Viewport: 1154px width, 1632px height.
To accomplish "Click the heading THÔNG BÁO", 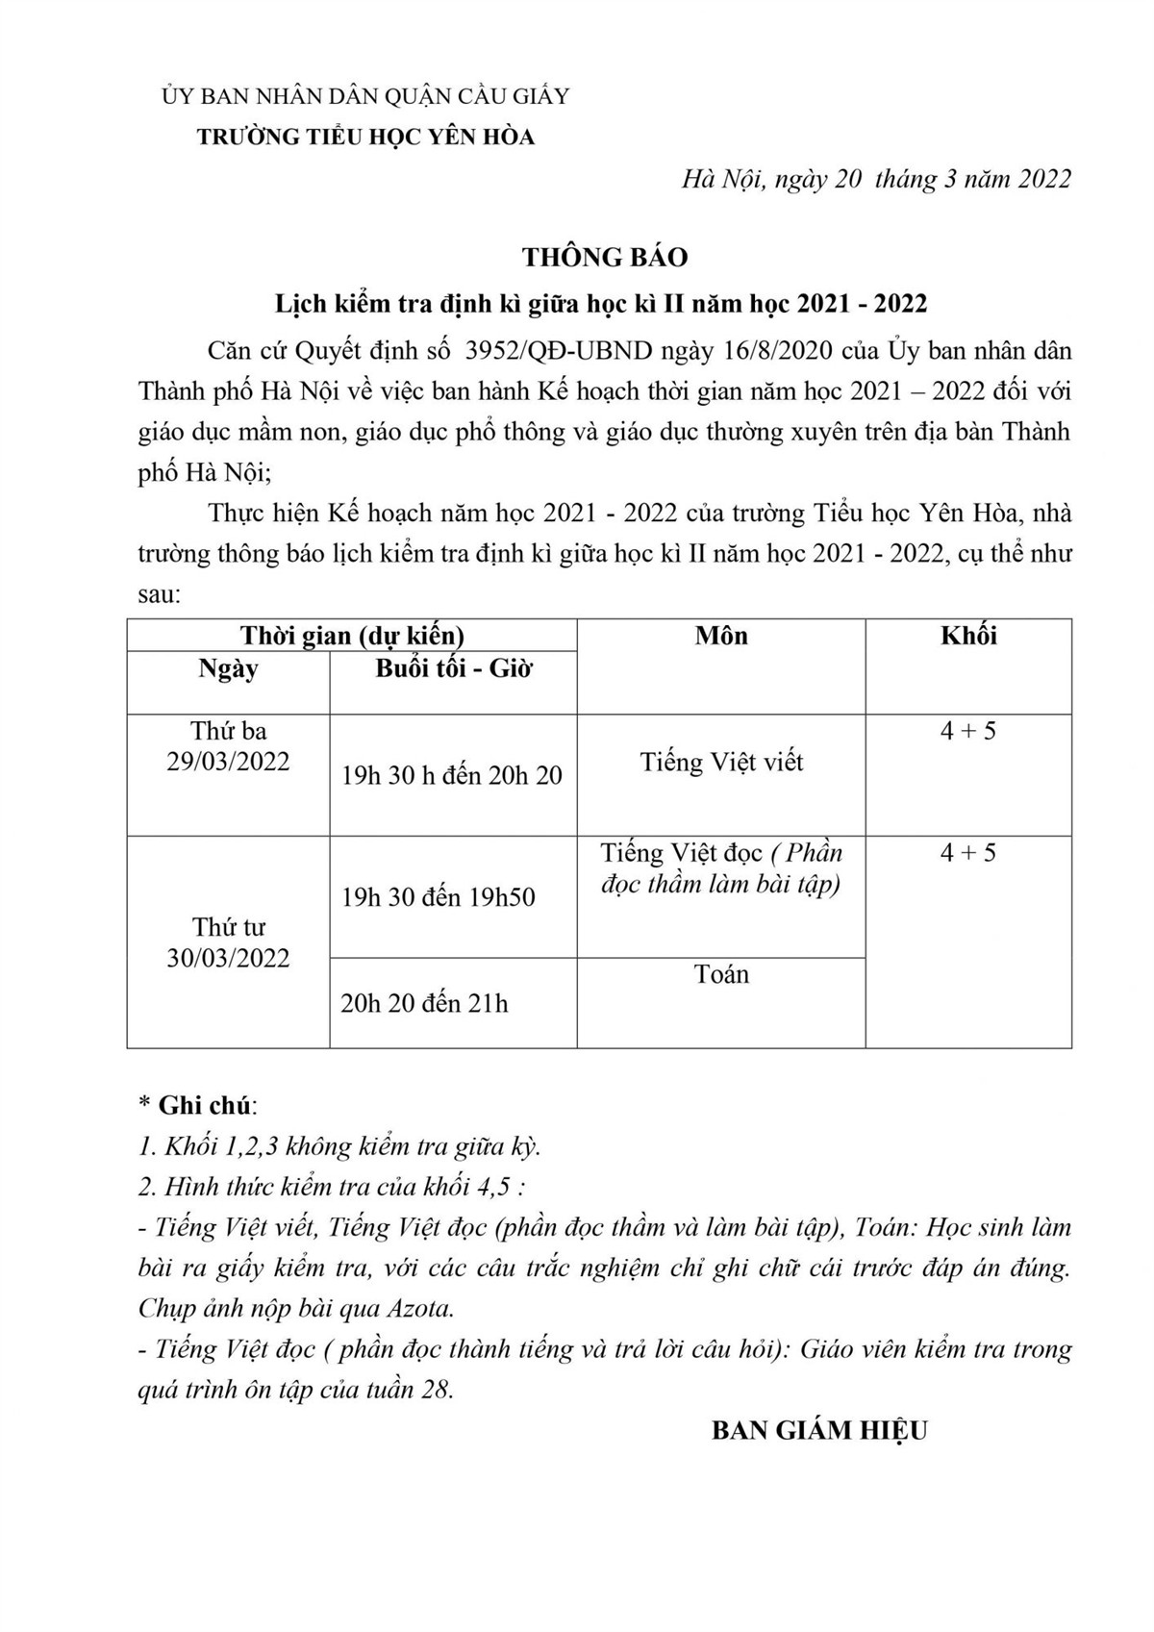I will click(x=605, y=258).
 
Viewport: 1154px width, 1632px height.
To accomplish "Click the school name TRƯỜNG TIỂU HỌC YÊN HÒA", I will click(x=365, y=138).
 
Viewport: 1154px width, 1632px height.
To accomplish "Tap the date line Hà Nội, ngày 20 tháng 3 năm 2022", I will click(x=875, y=180).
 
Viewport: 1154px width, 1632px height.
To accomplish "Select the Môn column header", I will click(x=721, y=636).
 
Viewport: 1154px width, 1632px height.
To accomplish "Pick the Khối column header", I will click(x=968, y=636).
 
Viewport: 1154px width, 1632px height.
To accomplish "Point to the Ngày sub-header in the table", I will click(x=228, y=669).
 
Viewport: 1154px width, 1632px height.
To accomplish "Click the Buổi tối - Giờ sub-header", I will click(x=453, y=669).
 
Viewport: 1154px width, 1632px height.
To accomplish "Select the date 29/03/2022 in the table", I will click(x=228, y=761).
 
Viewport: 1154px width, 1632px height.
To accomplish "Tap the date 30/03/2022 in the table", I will click(x=228, y=958).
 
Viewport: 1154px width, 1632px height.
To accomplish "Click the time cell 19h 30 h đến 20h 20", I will click(x=452, y=775).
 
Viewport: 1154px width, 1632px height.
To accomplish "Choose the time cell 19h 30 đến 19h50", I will click(x=439, y=897).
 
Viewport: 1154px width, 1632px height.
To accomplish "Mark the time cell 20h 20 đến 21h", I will click(x=424, y=1003).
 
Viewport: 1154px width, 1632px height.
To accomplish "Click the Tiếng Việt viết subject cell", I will click(x=721, y=763).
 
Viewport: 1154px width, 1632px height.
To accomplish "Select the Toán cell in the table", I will click(x=721, y=974).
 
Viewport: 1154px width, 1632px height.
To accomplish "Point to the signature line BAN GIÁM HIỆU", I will click(x=819, y=1430).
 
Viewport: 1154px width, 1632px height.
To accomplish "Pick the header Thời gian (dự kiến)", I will click(x=352, y=636).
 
